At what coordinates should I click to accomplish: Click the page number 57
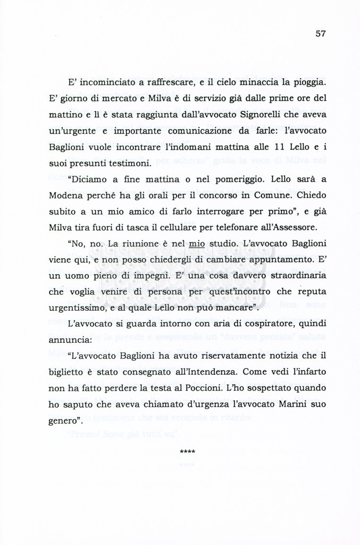(320, 33)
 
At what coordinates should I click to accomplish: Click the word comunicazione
(200, 130)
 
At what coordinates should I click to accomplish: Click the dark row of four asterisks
(188, 452)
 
